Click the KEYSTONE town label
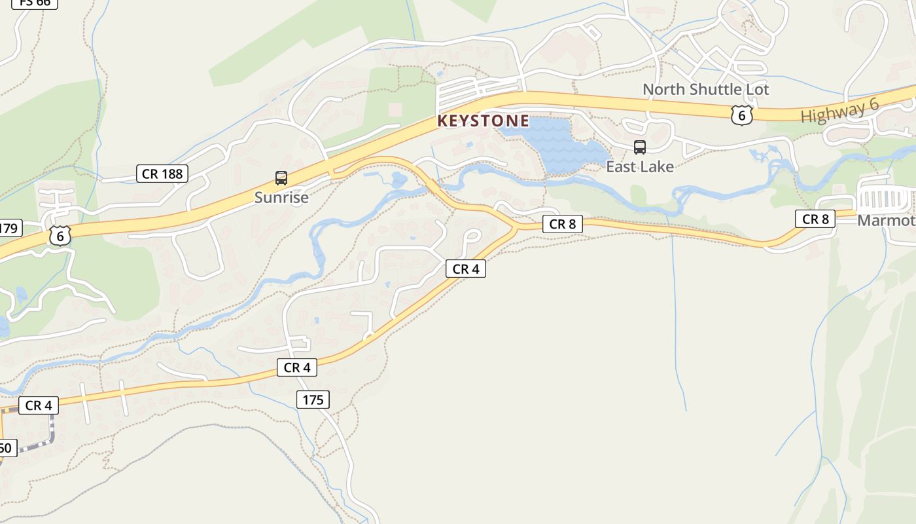coord(483,121)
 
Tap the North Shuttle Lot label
coord(705,89)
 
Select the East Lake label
coord(639,166)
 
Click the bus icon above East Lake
coord(640,147)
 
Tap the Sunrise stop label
coord(281,197)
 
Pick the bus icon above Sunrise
coord(281,178)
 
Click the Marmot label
coord(887,220)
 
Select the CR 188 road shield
coord(162,174)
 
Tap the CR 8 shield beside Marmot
coord(815,219)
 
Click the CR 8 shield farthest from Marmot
coord(562,224)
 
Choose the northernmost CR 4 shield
coord(466,269)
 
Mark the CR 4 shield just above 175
coord(297,367)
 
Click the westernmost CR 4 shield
coord(39,405)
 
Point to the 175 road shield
coord(313,399)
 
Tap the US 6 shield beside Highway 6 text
coord(741,115)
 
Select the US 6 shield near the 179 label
coord(60,236)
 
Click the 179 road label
coord(9,228)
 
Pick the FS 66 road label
coord(35,3)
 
